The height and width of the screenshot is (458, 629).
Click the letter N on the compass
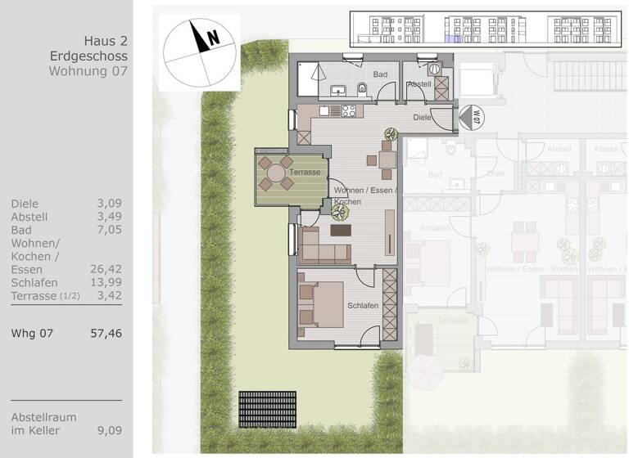[213, 37]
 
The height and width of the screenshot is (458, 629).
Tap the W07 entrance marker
[471, 118]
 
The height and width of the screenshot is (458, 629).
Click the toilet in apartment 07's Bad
[363, 88]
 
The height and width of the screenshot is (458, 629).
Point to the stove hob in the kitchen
[347, 110]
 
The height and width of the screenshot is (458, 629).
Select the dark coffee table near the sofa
[340, 231]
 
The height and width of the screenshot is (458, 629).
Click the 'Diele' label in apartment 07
[422, 117]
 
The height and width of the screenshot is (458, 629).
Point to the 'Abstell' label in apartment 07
[419, 83]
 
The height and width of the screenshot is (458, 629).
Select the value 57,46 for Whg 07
[106, 333]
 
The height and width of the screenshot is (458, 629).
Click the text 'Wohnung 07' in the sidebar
[88, 71]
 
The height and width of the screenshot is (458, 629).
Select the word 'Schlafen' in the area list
[34, 282]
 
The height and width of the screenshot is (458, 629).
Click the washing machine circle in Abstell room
[435, 71]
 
